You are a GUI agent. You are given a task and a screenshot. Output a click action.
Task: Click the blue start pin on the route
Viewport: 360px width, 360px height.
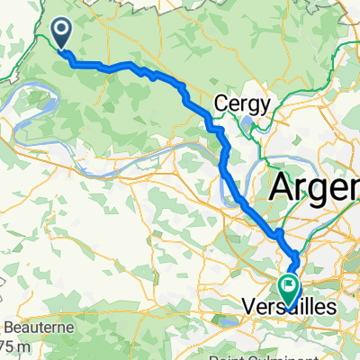pyautogui.click(x=62, y=33)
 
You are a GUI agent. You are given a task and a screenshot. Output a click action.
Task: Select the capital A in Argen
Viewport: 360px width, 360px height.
pyautogui.click(x=281, y=188)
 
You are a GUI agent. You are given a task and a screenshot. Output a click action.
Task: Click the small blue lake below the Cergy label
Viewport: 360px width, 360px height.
pyautogui.click(x=256, y=122)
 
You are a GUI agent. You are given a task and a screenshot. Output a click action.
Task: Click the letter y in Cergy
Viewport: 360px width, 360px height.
pyautogui.click(x=265, y=104)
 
